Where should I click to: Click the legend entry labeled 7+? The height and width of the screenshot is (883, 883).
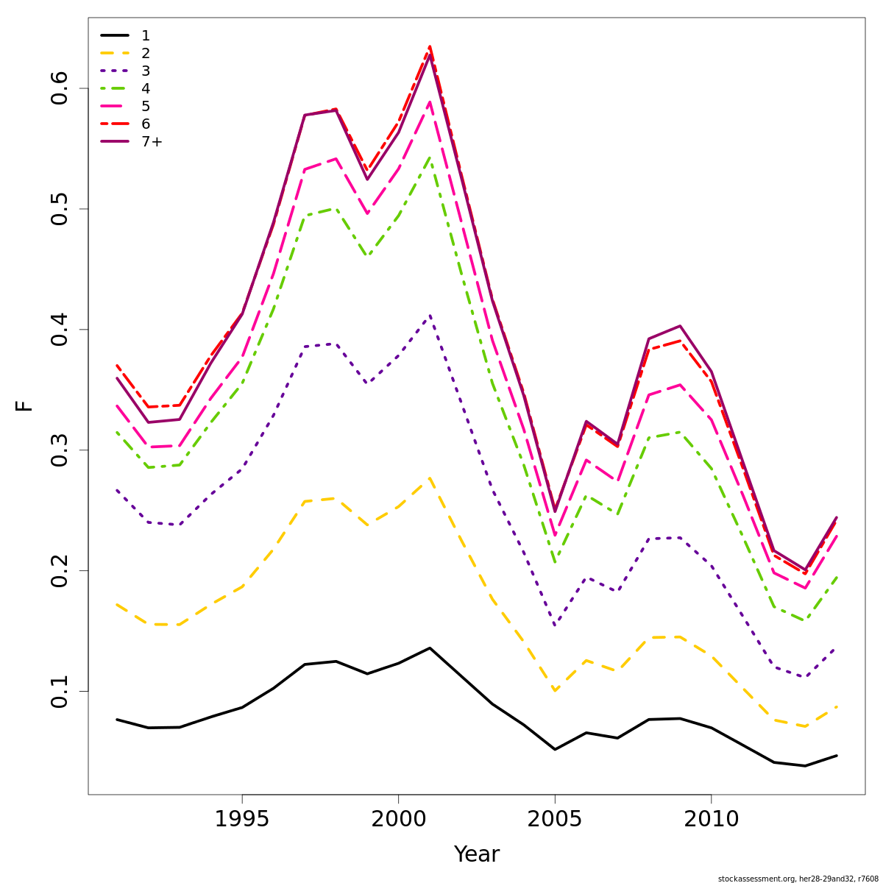click(x=152, y=142)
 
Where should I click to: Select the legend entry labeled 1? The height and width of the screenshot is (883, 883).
click(x=146, y=35)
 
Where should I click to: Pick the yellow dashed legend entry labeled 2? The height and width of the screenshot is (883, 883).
click(x=146, y=53)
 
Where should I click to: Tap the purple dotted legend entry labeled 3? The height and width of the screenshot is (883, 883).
click(x=146, y=71)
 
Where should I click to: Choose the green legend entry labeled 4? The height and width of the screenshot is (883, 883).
click(x=146, y=89)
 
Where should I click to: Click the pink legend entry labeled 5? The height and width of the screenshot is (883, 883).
click(x=146, y=107)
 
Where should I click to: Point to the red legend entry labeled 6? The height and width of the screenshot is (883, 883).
click(x=146, y=124)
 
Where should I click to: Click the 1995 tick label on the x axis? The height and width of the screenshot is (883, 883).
click(x=242, y=819)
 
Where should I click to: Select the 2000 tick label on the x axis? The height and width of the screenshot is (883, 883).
click(x=398, y=819)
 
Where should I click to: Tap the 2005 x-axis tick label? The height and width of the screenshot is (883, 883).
click(x=555, y=819)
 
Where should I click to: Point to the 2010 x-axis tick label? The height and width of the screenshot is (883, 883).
click(x=711, y=819)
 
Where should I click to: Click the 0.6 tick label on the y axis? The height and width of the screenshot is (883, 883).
click(x=60, y=88)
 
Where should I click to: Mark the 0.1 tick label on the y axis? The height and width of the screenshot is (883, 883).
click(x=60, y=691)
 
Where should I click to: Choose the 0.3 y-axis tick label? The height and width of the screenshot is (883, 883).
click(x=60, y=450)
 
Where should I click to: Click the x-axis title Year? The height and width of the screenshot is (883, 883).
click(x=477, y=854)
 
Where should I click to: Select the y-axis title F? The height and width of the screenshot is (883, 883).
click(x=25, y=405)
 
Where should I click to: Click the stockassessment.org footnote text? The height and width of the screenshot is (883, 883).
click(x=798, y=879)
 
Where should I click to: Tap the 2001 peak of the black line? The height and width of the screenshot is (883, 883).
click(x=430, y=648)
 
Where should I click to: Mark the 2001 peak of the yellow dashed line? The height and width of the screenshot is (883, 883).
click(x=430, y=478)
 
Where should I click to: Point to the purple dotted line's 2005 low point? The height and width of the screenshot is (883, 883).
click(x=555, y=625)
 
